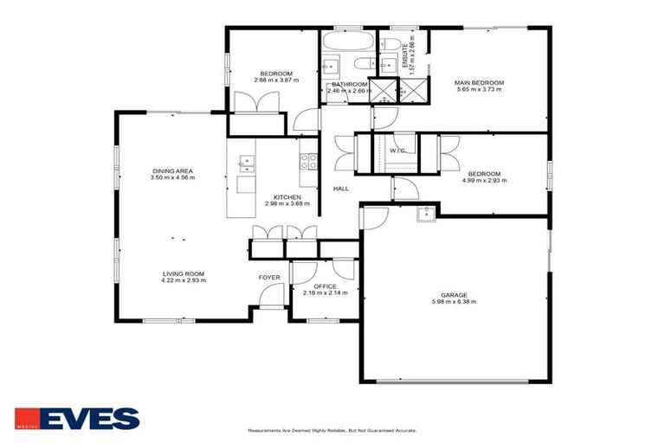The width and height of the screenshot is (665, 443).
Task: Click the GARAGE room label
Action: click(x=454, y=294)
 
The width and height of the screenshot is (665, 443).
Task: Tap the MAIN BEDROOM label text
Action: click(x=479, y=83)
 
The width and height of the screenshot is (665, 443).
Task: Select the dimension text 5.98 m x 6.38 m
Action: click(x=454, y=302)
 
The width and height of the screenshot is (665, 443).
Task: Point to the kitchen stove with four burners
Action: click(x=307, y=160)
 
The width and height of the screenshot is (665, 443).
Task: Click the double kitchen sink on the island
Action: click(x=246, y=160)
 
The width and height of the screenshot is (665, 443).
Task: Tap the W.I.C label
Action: click(x=397, y=151)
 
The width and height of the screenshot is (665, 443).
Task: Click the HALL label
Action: click(x=341, y=188)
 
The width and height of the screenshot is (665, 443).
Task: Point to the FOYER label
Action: click(x=269, y=277)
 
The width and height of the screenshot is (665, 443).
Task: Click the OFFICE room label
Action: click(x=325, y=286)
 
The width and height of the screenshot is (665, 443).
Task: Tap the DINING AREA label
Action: click(x=172, y=171)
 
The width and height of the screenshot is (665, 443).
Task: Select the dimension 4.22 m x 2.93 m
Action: click(x=183, y=280)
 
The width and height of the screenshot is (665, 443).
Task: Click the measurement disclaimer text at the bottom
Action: click(x=332, y=429)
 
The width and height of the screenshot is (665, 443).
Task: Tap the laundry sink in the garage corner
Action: click(x=425, y=215)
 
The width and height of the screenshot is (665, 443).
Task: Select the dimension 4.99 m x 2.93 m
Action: click(x=484, y=180)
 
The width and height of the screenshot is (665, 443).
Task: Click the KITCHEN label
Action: click(x=287, y=197)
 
